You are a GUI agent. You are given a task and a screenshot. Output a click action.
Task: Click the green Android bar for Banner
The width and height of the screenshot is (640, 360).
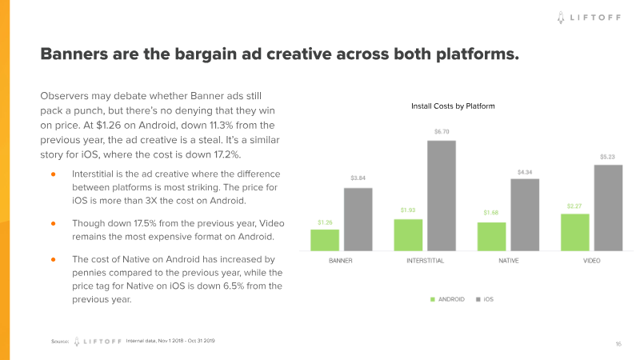point(325,240)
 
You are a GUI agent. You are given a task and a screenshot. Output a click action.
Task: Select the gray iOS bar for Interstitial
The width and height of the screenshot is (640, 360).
point(441,195)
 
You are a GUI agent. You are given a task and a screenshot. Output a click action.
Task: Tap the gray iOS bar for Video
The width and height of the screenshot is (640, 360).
point(607,207)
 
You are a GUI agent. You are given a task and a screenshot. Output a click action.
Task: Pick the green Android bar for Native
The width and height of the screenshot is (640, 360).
point(491,236)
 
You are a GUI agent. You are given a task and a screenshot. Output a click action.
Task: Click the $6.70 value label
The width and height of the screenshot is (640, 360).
point(441,131)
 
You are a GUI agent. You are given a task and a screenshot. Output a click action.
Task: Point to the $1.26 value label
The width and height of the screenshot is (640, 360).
point(325,222)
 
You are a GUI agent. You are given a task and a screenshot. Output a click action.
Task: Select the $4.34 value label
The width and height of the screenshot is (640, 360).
point(524,171)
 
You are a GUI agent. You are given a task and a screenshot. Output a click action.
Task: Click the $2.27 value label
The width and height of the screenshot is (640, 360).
point(574,206)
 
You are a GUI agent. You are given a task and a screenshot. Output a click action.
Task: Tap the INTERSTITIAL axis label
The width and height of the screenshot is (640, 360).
point(425,262)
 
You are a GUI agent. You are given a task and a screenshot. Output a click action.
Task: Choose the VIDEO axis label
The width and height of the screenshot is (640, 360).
point(591,262)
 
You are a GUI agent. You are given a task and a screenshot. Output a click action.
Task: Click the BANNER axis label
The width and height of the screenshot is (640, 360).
point(341,262)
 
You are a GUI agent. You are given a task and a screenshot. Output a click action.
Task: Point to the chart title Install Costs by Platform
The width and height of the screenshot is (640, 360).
point(453,106)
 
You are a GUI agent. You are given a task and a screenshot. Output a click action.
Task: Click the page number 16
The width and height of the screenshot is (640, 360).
point(618,343)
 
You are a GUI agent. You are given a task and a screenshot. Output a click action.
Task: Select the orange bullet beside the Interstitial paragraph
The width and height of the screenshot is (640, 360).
point(53,174)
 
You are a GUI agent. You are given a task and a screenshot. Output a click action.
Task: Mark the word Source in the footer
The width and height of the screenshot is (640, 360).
point(59,342)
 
